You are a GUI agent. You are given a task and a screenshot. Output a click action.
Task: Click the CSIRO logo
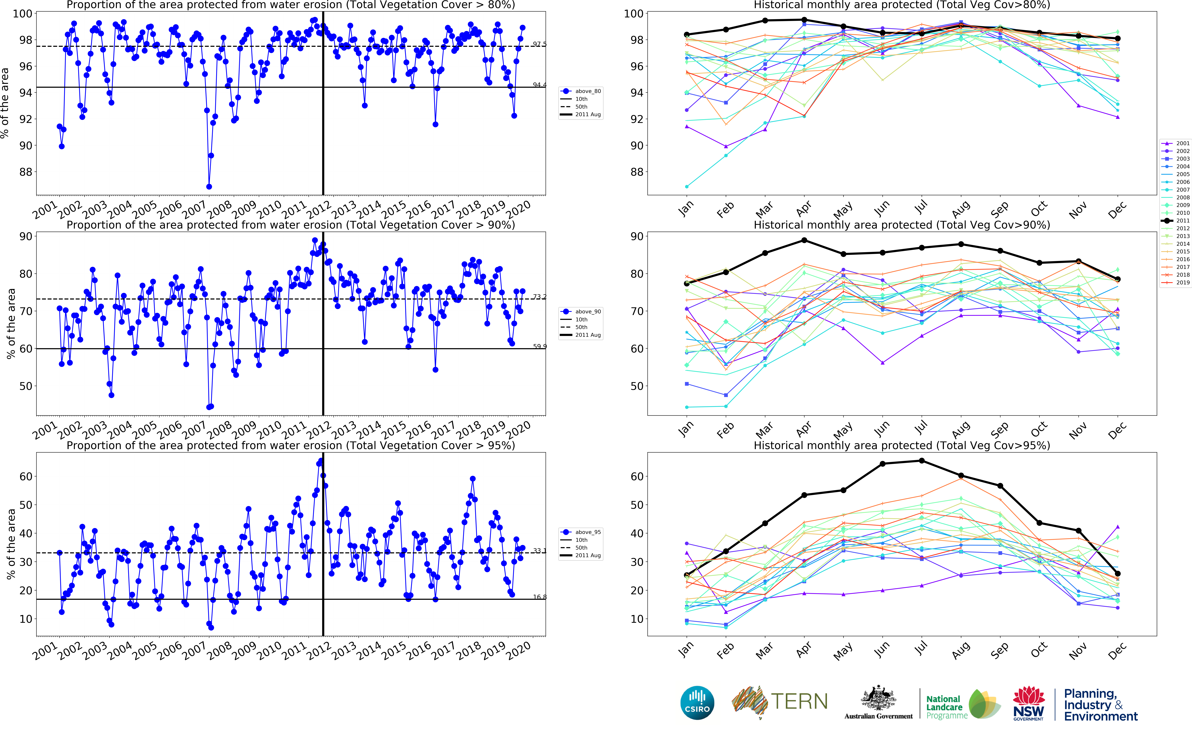[697, 702]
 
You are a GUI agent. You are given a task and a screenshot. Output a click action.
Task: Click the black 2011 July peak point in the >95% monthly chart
[922, 461]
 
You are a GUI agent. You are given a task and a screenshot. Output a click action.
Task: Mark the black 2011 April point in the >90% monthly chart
[804, 240]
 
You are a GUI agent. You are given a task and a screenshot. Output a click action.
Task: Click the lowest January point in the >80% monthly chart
[687, 186]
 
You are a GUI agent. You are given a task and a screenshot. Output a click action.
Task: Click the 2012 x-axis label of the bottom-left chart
[319, 650]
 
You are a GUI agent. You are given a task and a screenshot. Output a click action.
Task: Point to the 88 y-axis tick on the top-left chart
[25, 172]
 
